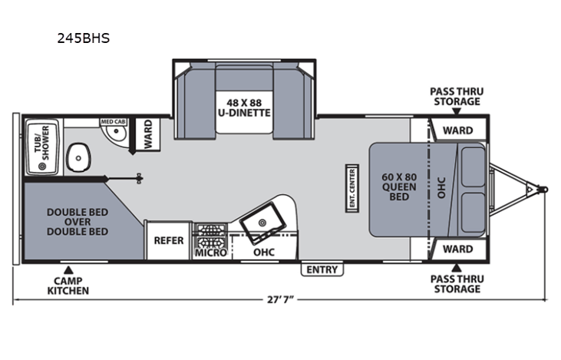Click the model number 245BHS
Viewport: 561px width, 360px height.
pyautogui.click(x=83, y=37)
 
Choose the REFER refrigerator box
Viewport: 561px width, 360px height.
pyautogui.click(x=169, y=240)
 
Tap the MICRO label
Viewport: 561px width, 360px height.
pyautogui.click(x=210, y=252)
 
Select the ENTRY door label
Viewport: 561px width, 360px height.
pyautogui.click(x=322, y=269)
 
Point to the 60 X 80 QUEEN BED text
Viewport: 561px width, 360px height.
pyautogui.click(x=399, y=187)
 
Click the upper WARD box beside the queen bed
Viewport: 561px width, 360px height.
pyautogui.click(x=457, y=130)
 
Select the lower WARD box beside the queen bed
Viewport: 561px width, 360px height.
pyautogui.click(x=457, y=249)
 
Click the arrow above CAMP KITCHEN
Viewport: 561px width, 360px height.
pyautogui.click(x=68, y=269)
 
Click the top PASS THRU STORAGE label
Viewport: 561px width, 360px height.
pyautogui.click(x=455, y=96)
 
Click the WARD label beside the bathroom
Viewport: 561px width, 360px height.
pyautogui.click(x=148, y=134)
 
